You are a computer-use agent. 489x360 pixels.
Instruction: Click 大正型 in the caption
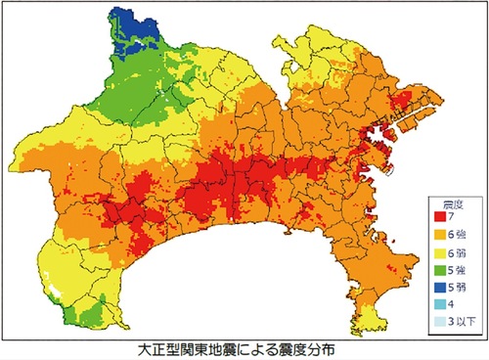pos(156,349)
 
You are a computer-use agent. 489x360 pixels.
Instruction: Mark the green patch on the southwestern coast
pos(83,310)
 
